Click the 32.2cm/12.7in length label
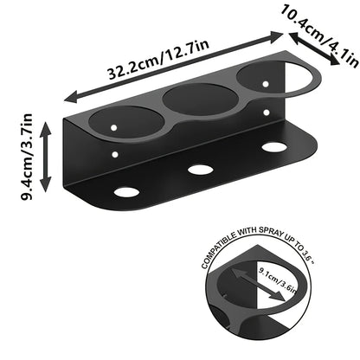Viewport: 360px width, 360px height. (158, 60)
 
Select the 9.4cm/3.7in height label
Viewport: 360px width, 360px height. (27, 157)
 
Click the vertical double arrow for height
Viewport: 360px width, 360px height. (45, 157)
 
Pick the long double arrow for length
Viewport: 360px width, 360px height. (173, 67)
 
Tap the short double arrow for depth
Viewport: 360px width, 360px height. (314, 48)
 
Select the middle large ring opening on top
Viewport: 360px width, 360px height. (201, 99)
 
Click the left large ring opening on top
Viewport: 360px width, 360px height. (125, 123)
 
